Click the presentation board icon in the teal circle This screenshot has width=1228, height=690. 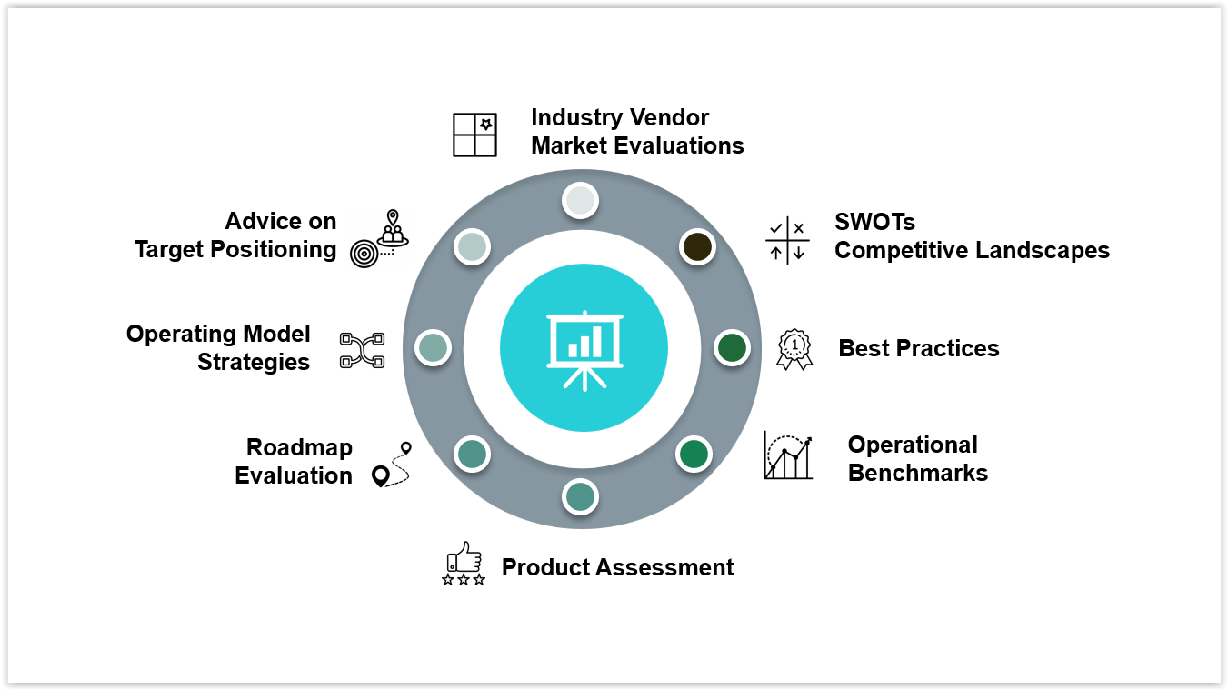click(584, 349)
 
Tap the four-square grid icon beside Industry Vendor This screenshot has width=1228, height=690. click(474, 135)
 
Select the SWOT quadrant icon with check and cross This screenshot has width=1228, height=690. click(787, 241)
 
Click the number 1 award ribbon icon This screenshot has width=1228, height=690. click(794, 348)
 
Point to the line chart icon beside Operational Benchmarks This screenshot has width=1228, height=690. click(787, 455)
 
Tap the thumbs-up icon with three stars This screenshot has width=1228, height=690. click(464, 564)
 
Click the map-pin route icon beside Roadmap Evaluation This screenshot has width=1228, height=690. click(392, 465)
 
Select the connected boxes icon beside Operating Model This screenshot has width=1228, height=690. click(362, 350)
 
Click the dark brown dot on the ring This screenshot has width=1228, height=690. click(697, 247)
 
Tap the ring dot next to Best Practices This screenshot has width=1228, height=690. click(732, 347)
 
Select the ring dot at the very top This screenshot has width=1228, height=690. click(579, 200)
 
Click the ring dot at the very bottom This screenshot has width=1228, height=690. click(580, 496)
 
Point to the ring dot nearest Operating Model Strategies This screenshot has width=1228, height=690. click(434, 347)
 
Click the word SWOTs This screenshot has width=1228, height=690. click(874, 223)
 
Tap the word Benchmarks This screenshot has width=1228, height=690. click(917, 474)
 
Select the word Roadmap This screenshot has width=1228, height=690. click(299, 448)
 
